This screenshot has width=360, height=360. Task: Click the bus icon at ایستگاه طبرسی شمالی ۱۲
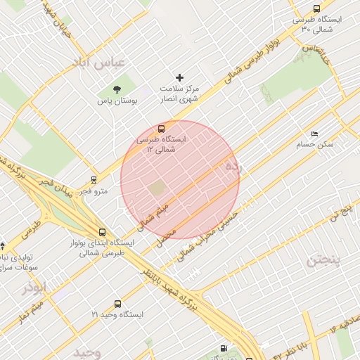coord(162,129)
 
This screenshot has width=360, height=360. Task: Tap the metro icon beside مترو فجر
coord(94,180)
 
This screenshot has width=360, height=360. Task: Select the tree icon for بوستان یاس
coord(117,89)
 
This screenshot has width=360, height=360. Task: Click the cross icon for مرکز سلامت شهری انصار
coord(179,77)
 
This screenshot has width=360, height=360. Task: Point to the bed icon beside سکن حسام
coord(314,134)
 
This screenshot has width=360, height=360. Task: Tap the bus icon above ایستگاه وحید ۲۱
coord(117,304)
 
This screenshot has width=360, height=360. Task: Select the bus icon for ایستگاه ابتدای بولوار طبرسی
coord(103,232)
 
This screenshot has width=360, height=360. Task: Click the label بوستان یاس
coord(117,101)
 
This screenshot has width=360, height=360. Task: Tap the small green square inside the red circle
coord(157,187)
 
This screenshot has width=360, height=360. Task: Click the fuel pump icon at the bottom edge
coord(224,348)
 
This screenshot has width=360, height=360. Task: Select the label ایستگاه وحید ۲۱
coord(117,315)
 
